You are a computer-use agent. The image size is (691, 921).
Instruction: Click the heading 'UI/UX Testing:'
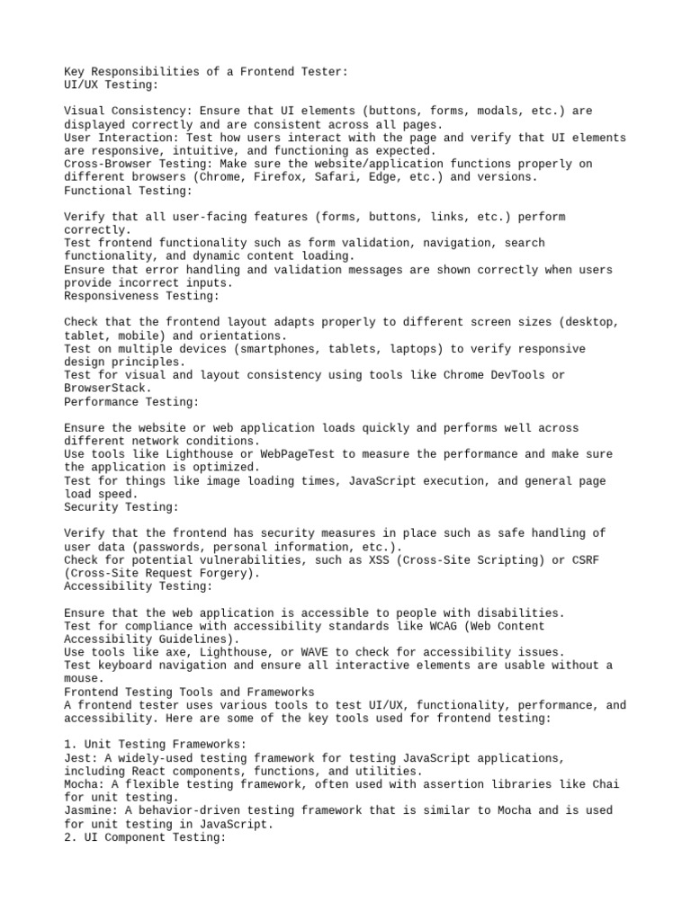click(111, 85)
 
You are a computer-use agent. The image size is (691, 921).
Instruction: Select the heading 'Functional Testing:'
click(128, 191)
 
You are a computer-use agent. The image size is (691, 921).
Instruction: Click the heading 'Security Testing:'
click(121, 507)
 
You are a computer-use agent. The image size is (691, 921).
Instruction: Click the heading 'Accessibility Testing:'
click(138, 586)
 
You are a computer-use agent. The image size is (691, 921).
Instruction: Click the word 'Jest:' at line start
click(81, 758)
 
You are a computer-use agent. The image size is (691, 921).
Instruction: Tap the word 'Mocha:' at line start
click(85, 784)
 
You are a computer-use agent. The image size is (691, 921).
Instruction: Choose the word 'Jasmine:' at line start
click(91, 810)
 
